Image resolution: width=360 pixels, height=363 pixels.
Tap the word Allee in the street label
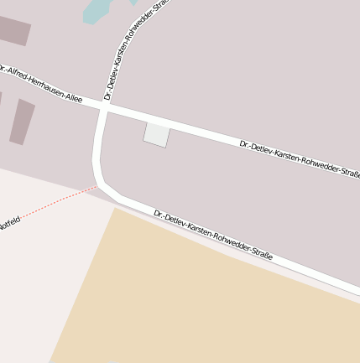tap(72, 96)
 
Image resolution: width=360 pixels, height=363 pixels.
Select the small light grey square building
tap(157, 134)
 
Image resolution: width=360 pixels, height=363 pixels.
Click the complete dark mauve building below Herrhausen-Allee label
tap(23, 122)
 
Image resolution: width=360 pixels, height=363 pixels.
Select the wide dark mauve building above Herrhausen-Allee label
tap(13, 30)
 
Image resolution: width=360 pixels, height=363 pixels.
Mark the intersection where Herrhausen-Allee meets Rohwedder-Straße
tap(103, 109)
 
